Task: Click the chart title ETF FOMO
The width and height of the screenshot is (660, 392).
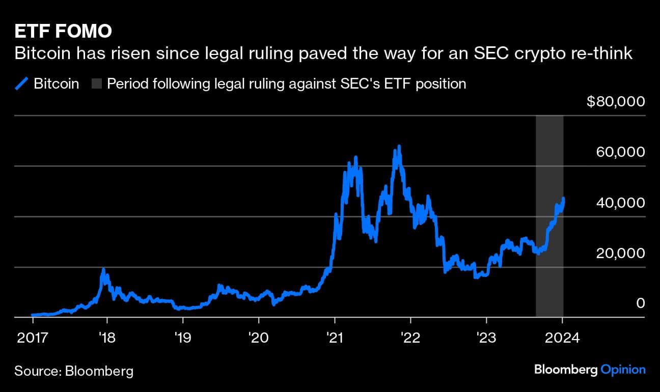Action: coord(63,31)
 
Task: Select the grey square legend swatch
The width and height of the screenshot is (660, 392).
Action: coord(96,83)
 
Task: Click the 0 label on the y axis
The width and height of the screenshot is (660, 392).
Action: coord(640,303)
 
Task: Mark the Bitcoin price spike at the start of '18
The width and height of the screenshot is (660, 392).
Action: coord(103,270)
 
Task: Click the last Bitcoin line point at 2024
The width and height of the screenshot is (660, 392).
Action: coord(563,199)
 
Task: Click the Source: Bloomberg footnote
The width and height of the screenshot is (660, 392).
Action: coord(74,371)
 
